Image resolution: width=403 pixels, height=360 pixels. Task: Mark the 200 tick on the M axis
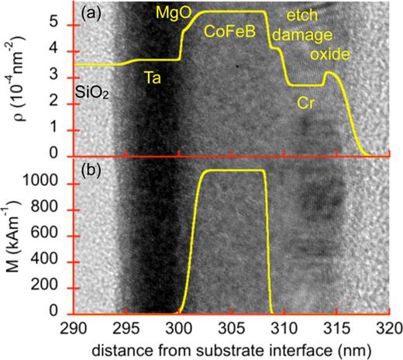pyautogui.click(x=54, y=286)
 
